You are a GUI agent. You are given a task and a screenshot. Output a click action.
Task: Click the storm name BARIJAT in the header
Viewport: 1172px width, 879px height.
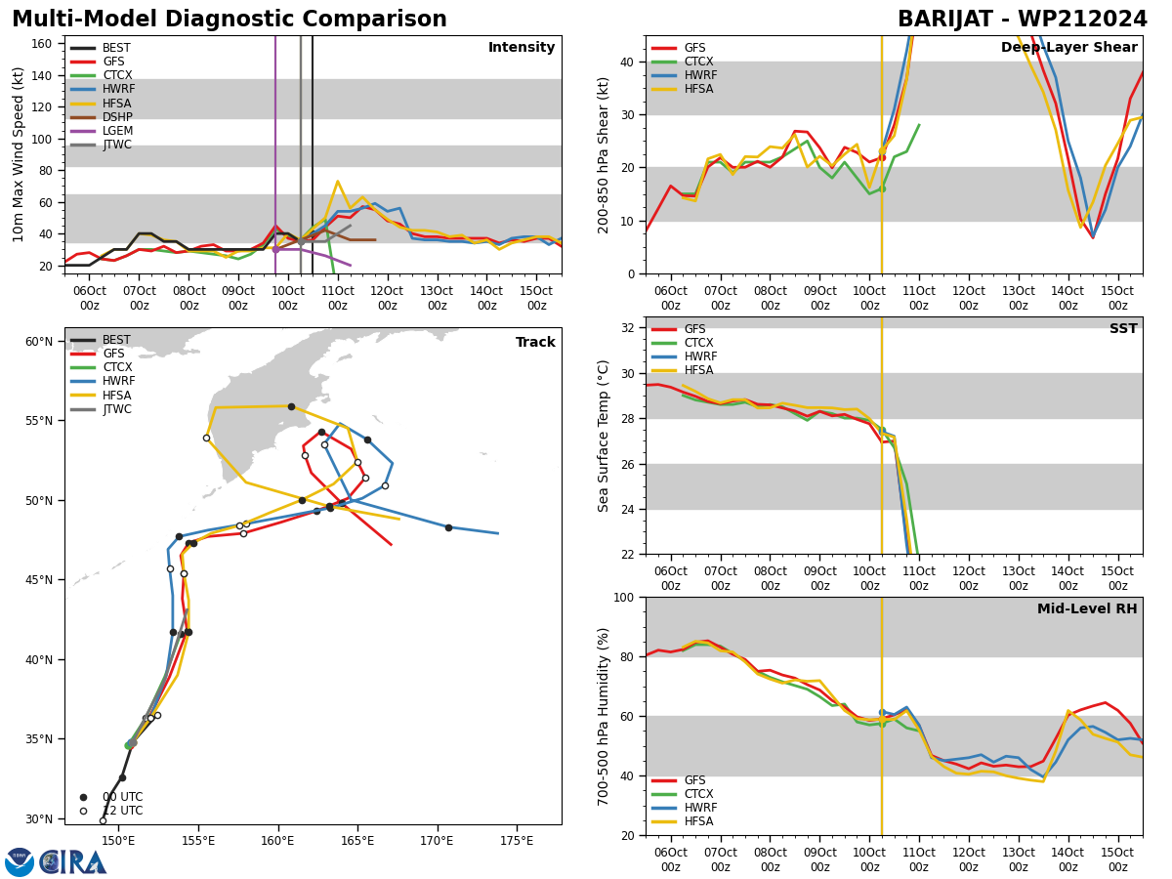[945, 19]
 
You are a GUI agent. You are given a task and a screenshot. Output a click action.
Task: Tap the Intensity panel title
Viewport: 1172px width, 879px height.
[522, 48]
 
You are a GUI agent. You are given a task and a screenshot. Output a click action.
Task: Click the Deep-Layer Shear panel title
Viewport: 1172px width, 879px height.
[1068, 48]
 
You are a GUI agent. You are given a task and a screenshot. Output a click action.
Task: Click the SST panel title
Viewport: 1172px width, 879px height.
[1123, 328]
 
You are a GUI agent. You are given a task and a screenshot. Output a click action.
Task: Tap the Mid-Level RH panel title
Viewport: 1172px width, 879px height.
[1087, 608]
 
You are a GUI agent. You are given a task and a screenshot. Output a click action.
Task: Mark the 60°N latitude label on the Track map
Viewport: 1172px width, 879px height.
[39, 342]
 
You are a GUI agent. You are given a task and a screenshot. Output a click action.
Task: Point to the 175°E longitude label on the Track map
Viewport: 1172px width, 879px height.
[517, 841]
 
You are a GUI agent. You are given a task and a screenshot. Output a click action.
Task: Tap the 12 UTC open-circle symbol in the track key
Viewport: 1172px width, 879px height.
[83, 812]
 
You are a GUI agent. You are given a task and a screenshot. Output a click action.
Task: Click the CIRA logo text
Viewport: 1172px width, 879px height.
[73, 862]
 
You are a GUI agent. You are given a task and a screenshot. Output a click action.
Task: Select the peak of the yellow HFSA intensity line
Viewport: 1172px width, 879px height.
[338, 182]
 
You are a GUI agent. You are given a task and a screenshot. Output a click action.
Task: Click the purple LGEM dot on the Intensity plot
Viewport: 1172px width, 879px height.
[275, 249]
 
